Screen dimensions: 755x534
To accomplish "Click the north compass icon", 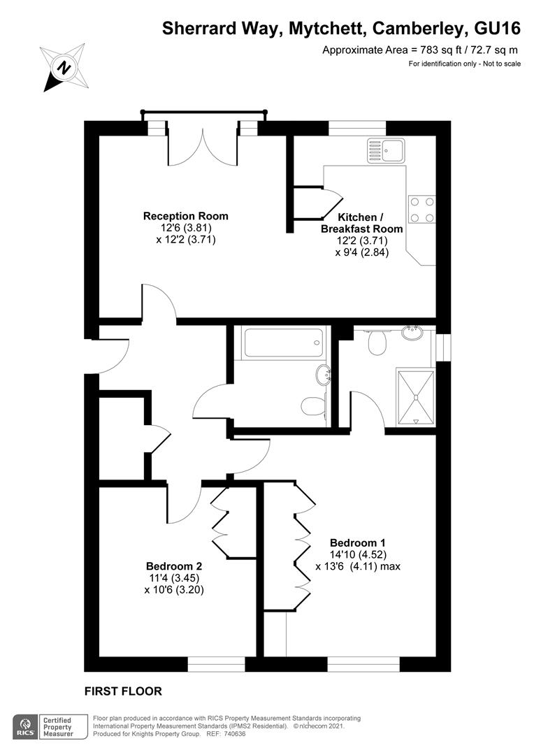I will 64,68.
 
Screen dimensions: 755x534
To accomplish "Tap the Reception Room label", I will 185,216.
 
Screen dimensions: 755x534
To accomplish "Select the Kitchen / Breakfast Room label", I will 361,223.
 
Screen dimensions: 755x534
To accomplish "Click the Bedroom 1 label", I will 357,542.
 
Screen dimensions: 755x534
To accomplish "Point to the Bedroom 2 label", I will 174,566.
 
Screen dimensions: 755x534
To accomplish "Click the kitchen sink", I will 384,149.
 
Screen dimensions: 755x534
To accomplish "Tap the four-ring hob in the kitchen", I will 421,209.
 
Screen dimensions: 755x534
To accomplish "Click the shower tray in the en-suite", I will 416,396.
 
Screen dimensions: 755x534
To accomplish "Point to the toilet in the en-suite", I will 378,342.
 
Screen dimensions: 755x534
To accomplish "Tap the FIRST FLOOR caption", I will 123,691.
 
